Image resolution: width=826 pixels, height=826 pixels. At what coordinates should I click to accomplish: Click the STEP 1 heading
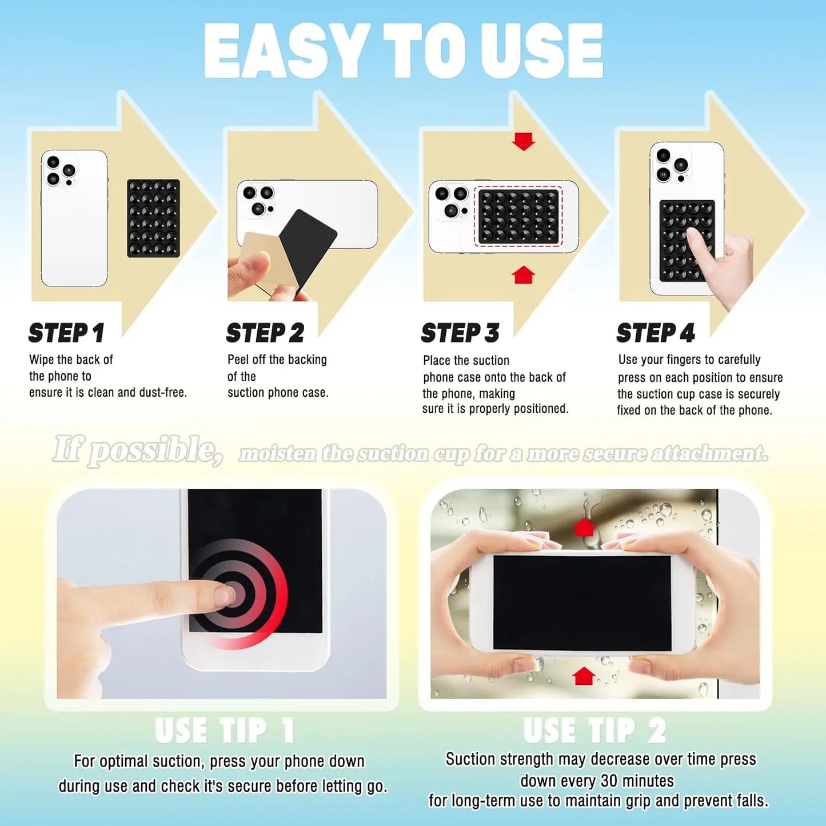click(66, 333)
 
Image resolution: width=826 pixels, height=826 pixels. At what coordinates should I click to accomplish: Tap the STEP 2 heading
click(265, 333)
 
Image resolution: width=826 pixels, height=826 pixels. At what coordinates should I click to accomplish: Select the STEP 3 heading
click(460, 333)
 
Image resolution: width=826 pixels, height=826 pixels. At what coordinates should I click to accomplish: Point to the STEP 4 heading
click(655, 333)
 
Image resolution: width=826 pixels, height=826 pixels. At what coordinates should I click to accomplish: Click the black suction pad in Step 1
click(153, 218)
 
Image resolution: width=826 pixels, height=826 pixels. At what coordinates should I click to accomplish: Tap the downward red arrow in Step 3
click(523, 141)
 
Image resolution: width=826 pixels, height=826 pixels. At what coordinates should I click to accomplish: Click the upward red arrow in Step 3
click(523, 275)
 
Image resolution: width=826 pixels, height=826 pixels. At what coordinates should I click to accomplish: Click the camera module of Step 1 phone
click(61, 170)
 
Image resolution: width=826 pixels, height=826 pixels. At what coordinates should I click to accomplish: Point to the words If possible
click(137, 450)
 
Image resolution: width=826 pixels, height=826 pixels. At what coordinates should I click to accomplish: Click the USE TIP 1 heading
click(225, 730)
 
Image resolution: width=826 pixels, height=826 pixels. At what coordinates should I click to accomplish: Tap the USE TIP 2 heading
click(594, 730)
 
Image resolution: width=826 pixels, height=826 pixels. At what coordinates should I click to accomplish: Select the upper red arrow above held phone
click(584, 527)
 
